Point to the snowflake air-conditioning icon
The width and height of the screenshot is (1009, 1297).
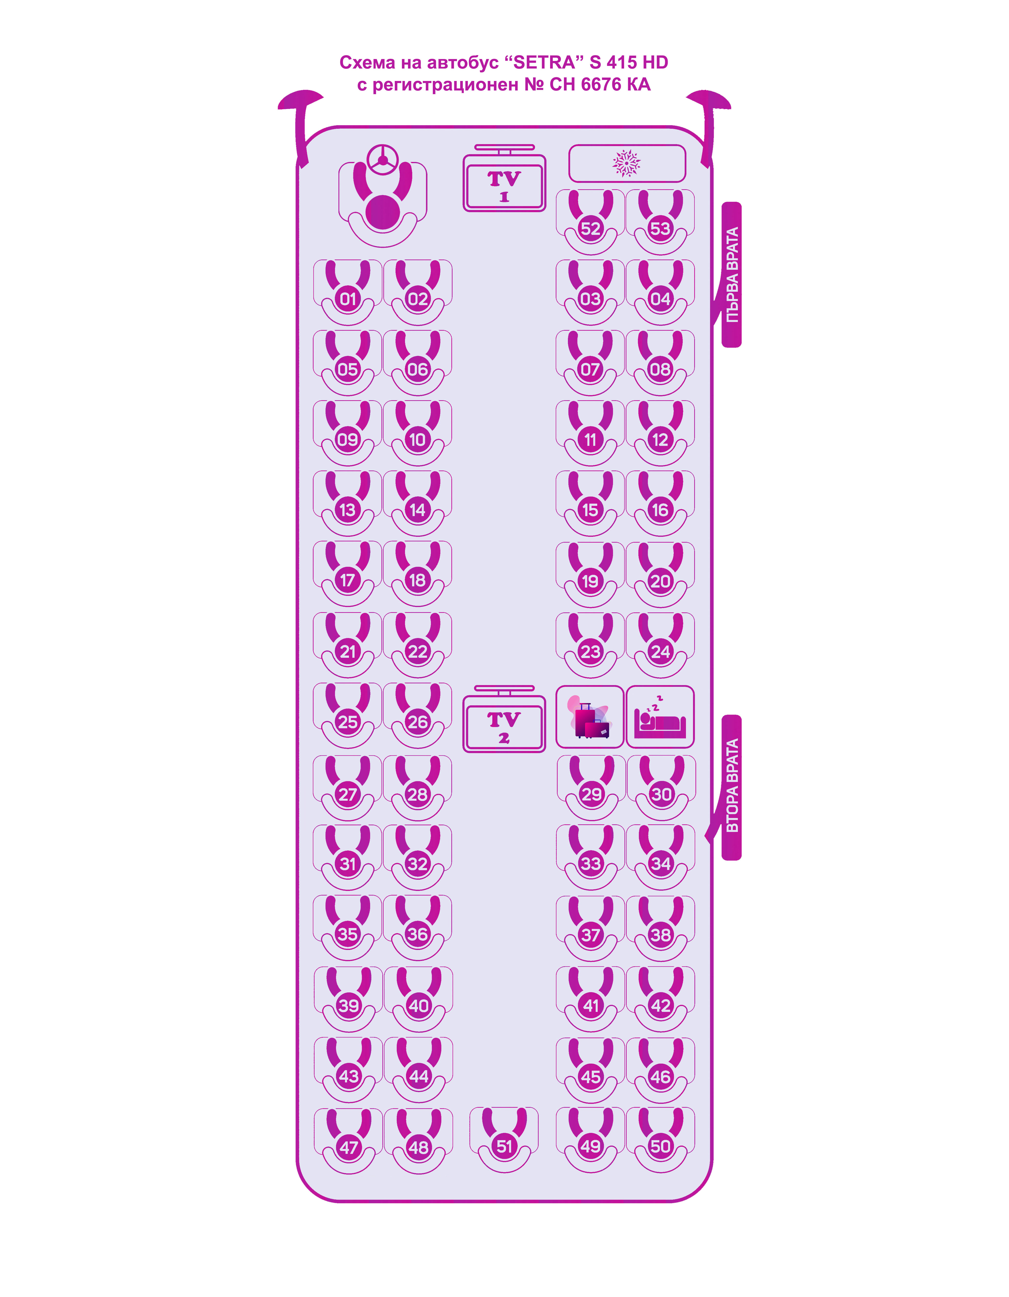[x=627, y=163]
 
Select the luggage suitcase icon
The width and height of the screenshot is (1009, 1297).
[x=590, y=717]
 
